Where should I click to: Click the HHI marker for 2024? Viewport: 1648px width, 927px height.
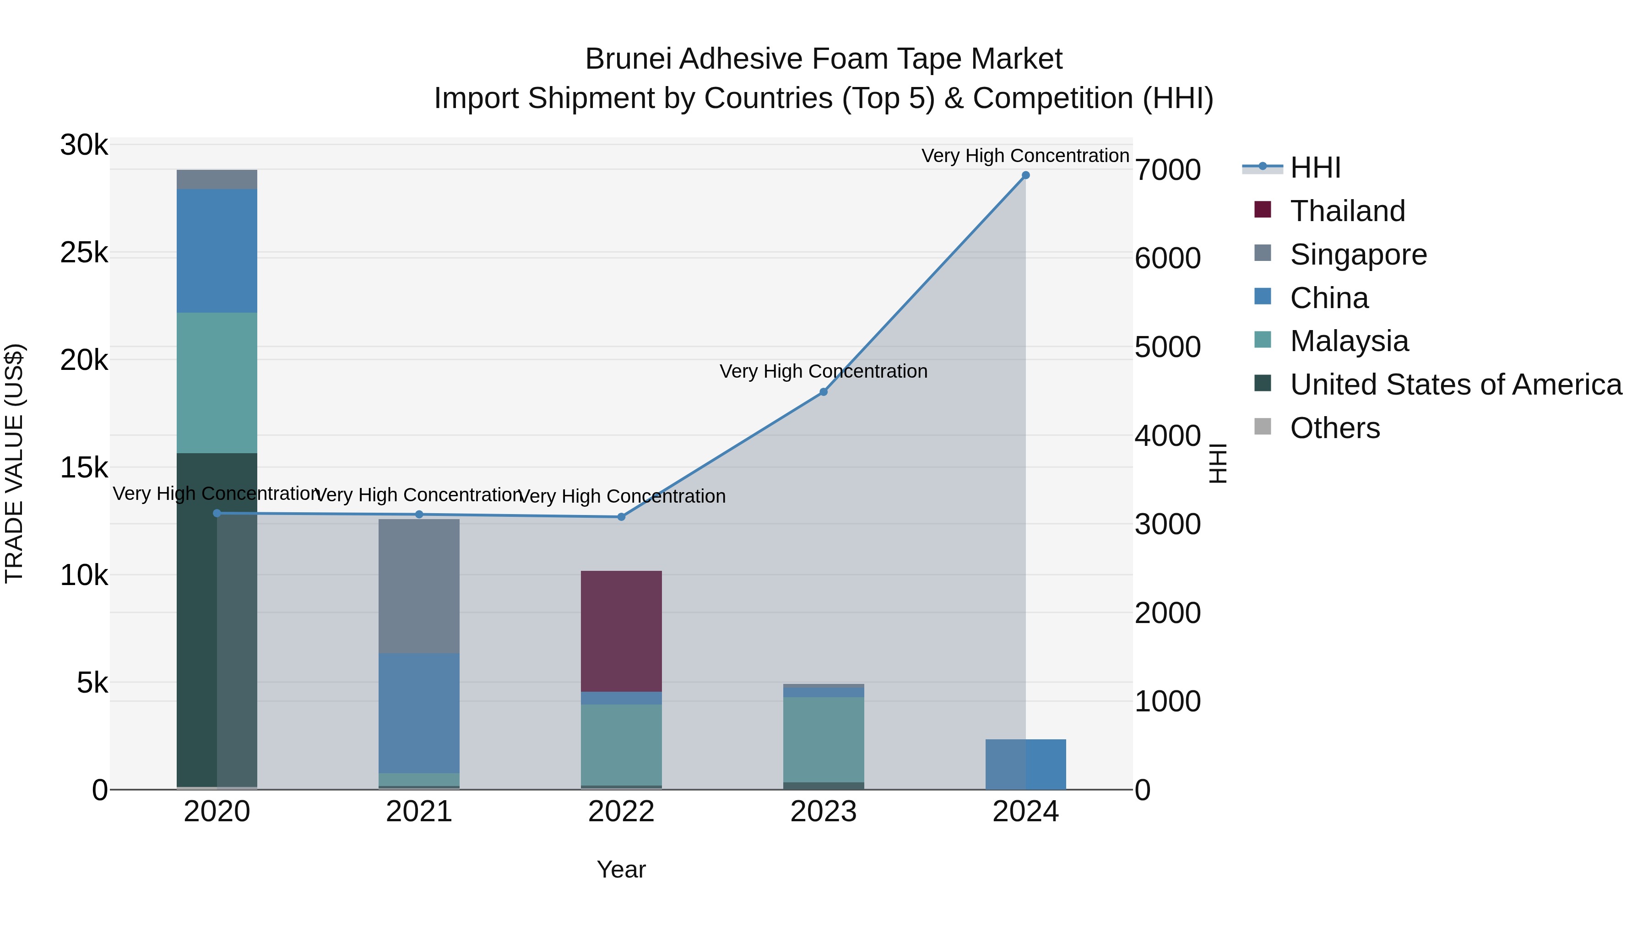coord(1025,175)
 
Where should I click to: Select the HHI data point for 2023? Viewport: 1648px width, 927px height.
coord(824,392)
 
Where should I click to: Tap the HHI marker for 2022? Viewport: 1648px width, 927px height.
coord(621,517)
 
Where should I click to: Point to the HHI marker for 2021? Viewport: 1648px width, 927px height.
coord(419,515)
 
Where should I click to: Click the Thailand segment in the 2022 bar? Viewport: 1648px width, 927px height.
coord(621,631)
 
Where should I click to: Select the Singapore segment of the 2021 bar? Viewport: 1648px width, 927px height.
coord(419,585)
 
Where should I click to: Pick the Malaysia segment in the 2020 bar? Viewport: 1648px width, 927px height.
coord(217,383)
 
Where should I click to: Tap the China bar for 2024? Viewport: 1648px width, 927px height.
coord(1025,764)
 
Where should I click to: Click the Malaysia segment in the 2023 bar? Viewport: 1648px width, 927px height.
coord(824,740)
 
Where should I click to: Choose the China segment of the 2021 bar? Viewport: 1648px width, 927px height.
coord(419,713)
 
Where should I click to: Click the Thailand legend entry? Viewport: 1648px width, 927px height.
coord(1347,211)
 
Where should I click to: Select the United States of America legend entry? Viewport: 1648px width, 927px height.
coord(1455,385)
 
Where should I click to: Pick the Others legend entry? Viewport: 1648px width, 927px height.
coord(1334,428)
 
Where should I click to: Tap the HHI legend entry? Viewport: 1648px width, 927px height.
coord(1315,168)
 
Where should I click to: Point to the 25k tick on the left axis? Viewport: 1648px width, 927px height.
coord(84,253)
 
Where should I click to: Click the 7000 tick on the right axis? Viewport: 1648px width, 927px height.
coord(1167,170)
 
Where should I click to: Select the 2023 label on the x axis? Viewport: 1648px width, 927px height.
coord(824,812)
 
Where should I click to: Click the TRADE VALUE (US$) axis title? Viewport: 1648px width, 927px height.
coord(15,463)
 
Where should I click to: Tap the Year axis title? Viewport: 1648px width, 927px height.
coord(621,869)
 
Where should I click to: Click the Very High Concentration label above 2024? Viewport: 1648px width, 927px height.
coord(1025,156)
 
